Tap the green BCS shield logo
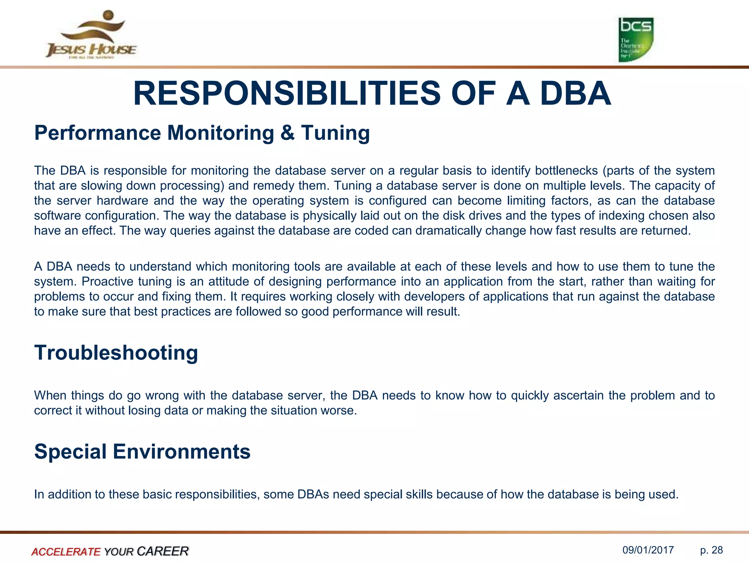636,40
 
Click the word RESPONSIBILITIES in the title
287,94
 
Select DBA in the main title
575,94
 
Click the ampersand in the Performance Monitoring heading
287,132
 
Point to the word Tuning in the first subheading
335,133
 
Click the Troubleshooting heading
116,353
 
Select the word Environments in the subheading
181,452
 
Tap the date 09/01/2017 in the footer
648,550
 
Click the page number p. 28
711,550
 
